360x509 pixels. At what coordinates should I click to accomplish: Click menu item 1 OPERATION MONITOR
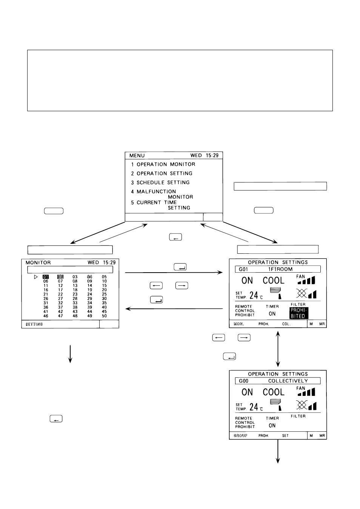(x=163, y=164)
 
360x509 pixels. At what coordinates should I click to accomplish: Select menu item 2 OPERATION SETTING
(x=162, y=173)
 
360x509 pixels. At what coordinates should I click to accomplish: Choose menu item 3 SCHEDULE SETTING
(x=160, y=182)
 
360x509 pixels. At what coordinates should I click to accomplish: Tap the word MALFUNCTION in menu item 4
(x=156, y=192)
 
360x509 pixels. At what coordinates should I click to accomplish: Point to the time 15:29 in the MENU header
(x=212, y=155)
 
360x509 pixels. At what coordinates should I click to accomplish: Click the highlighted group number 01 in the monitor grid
(x=46, y=277)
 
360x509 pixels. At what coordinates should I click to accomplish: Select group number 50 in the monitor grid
(x=104, y=316)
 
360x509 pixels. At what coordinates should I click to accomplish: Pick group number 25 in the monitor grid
(x=104, y=294)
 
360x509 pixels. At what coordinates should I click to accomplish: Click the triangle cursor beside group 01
(x=36, y=277)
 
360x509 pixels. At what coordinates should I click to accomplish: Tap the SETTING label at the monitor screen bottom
(x=34, y=324)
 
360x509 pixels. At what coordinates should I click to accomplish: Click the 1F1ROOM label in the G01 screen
(x=280, y=269)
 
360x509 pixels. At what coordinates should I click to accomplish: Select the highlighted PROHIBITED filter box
(x=299, y=313)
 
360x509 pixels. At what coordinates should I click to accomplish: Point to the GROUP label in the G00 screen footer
(x=240, y=435)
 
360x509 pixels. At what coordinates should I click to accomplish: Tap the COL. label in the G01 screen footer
(x=286, y=324)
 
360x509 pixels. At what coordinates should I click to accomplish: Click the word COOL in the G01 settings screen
(x=274, y=281)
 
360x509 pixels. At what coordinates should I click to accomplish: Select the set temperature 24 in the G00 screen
(x=254, y=407)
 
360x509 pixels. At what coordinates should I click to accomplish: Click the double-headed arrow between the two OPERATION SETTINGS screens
(x=278, y=349)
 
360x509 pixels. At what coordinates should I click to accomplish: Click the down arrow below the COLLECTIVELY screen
(x=278, y=451)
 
